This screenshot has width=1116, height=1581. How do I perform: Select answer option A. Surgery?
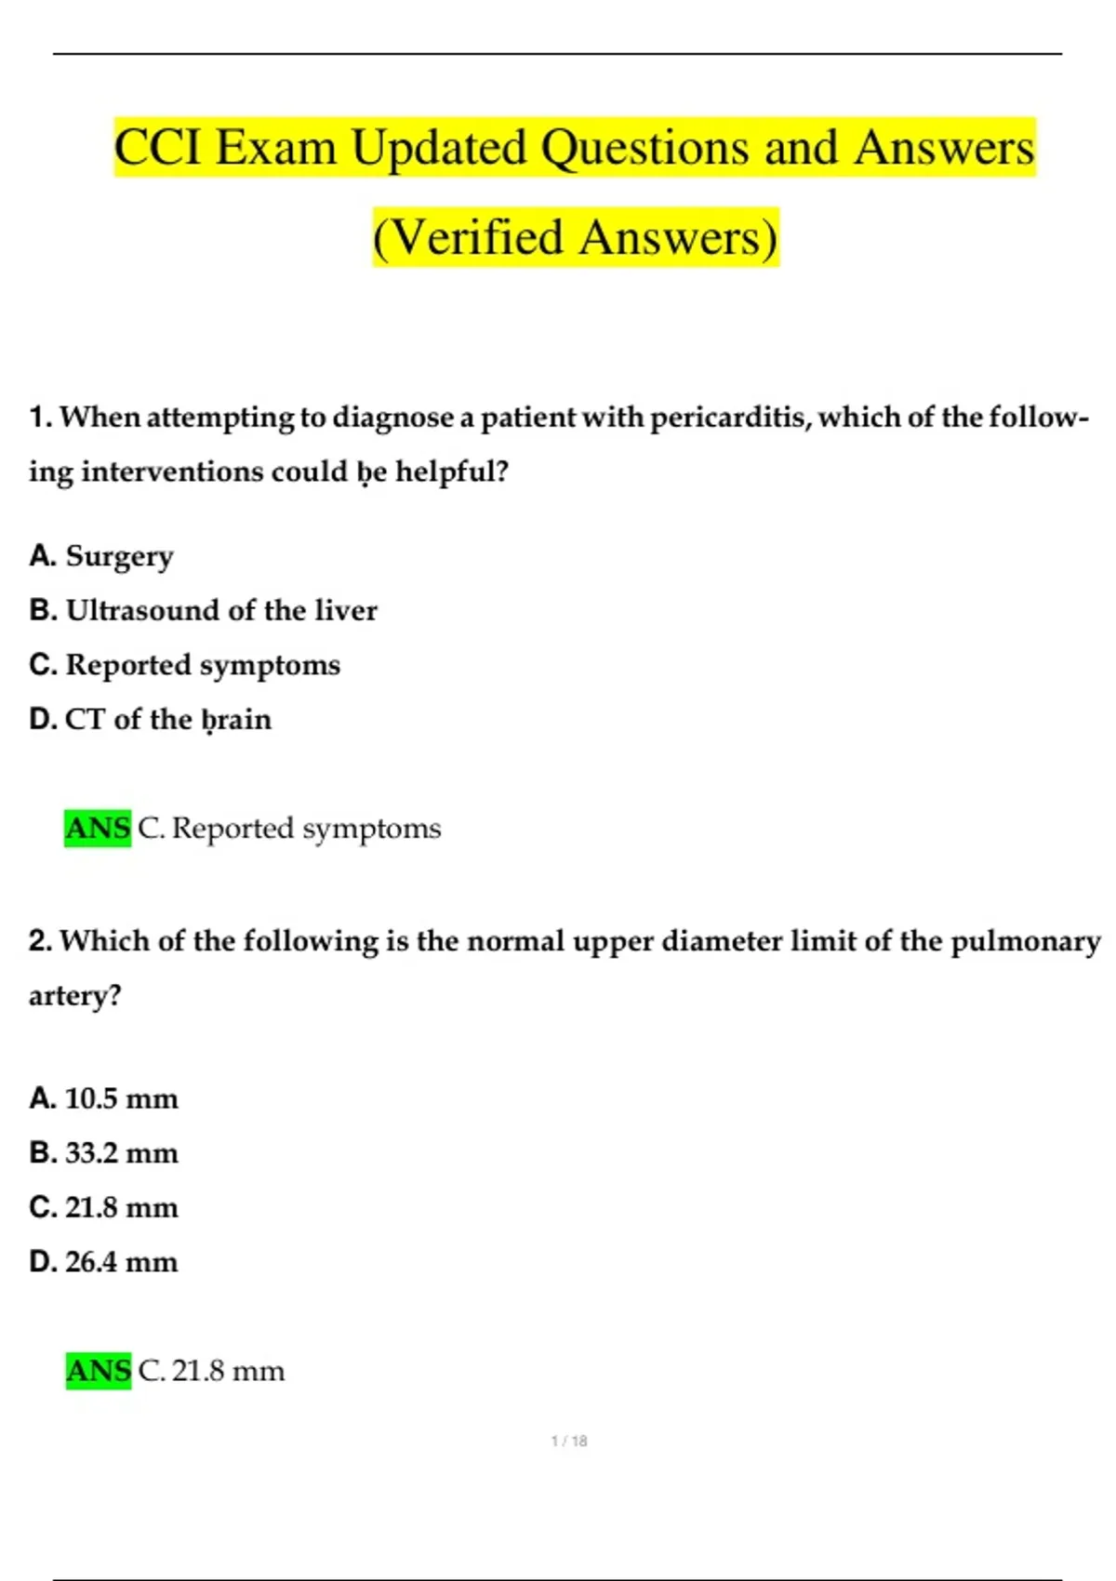click(101, 555)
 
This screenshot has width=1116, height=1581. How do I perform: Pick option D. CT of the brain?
click(150, 719)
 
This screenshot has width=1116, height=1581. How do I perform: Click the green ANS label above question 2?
click(98, 828)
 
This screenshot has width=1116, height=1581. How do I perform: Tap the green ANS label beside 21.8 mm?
click(99, 1371)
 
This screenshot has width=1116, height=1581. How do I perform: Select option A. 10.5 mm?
click(103, 1098)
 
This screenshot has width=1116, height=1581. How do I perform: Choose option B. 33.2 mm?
click(103, 1153)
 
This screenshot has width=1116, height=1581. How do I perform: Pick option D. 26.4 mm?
click(103, 1262)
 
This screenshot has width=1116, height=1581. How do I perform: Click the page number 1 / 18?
click(569, 1441)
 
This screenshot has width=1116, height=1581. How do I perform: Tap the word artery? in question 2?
click(74, 996)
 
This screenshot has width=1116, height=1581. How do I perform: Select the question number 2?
click(40, 941)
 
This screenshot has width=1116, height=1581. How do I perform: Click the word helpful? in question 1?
click(452, 472)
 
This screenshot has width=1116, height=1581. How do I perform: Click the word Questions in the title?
click(644, 148)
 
